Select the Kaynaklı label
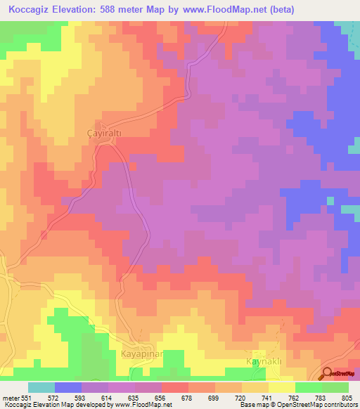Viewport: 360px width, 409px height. pyautogui.click(x=264, y=361)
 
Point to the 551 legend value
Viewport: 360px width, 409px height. pyautogui.click(x=27, y=398)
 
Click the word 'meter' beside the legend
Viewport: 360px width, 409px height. pyautogui.click(x=9, y=398)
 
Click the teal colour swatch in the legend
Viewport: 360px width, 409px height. pyautogui.click(x=41, y=387)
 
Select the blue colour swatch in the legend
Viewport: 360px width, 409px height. pyautogui.click(x=68, y=387)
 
